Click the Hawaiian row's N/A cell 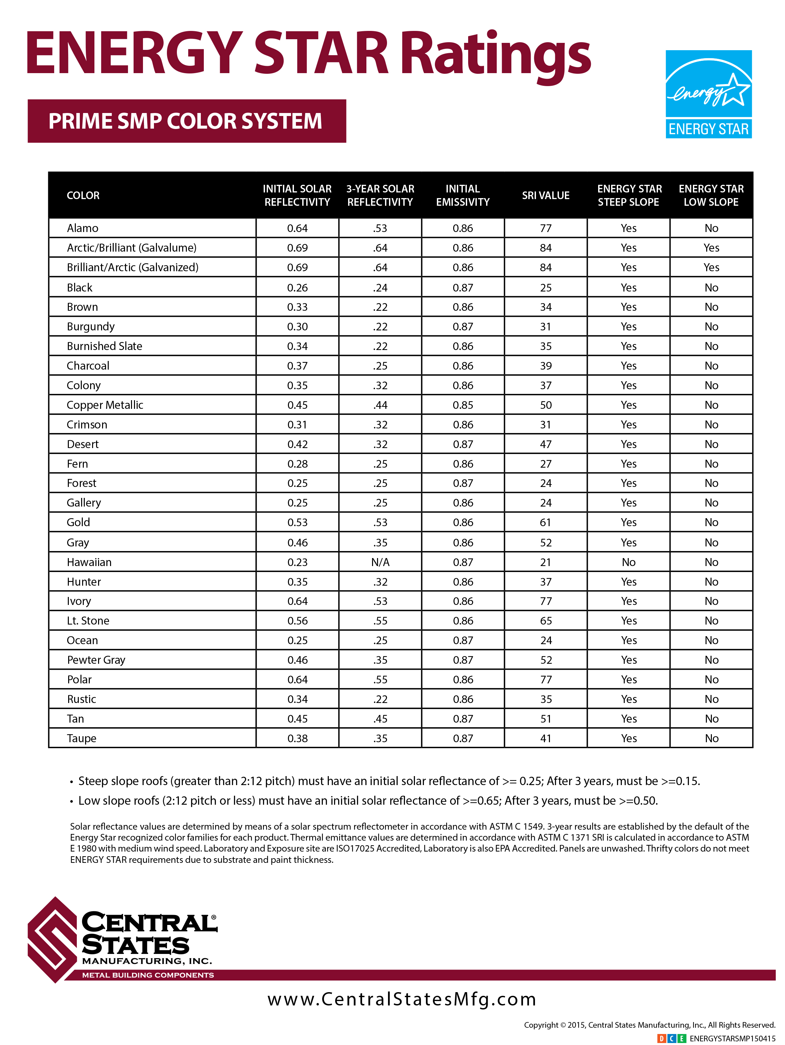pyautogui.click(x=380, y=562)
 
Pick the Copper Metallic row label pyautogui.click(x=105, y=405)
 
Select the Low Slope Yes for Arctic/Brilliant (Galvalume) pyautogui.click(x=711, y=248)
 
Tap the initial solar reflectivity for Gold pyautogui.click(x=297, y=522)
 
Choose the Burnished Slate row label pyautogui.click(x=104, y=346)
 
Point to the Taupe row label pyautogui.click(x=82, y=739)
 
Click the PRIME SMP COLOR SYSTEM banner pyautogui.click(x=187, y=121)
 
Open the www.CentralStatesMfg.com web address pyautogui.click(x=402, y=999)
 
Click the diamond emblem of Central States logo pyautogui.click(x=52, y=940)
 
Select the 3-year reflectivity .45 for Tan pyautogui.click(x=380, y=719)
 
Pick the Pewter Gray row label pyautogui.click(x=96, y=660)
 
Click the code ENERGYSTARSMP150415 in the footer pyautogui.click(x=732, y=1038)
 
